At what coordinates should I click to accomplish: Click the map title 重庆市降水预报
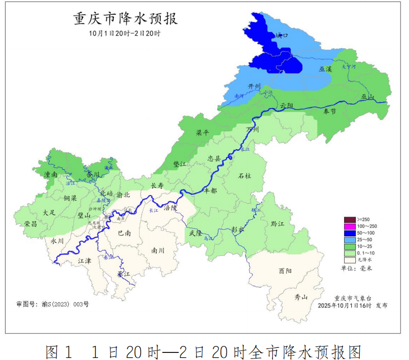click(x=126, y=19)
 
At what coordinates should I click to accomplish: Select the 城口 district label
click(x=282, y=36)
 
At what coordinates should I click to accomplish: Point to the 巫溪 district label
click(x=326, y=68)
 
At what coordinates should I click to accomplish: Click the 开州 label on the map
click(x=254, y=86)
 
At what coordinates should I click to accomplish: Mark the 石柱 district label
click(x=245, y=176)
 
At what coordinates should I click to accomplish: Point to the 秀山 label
click(x=301, y=297)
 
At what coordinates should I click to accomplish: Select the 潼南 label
click(x=50, y=174)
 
